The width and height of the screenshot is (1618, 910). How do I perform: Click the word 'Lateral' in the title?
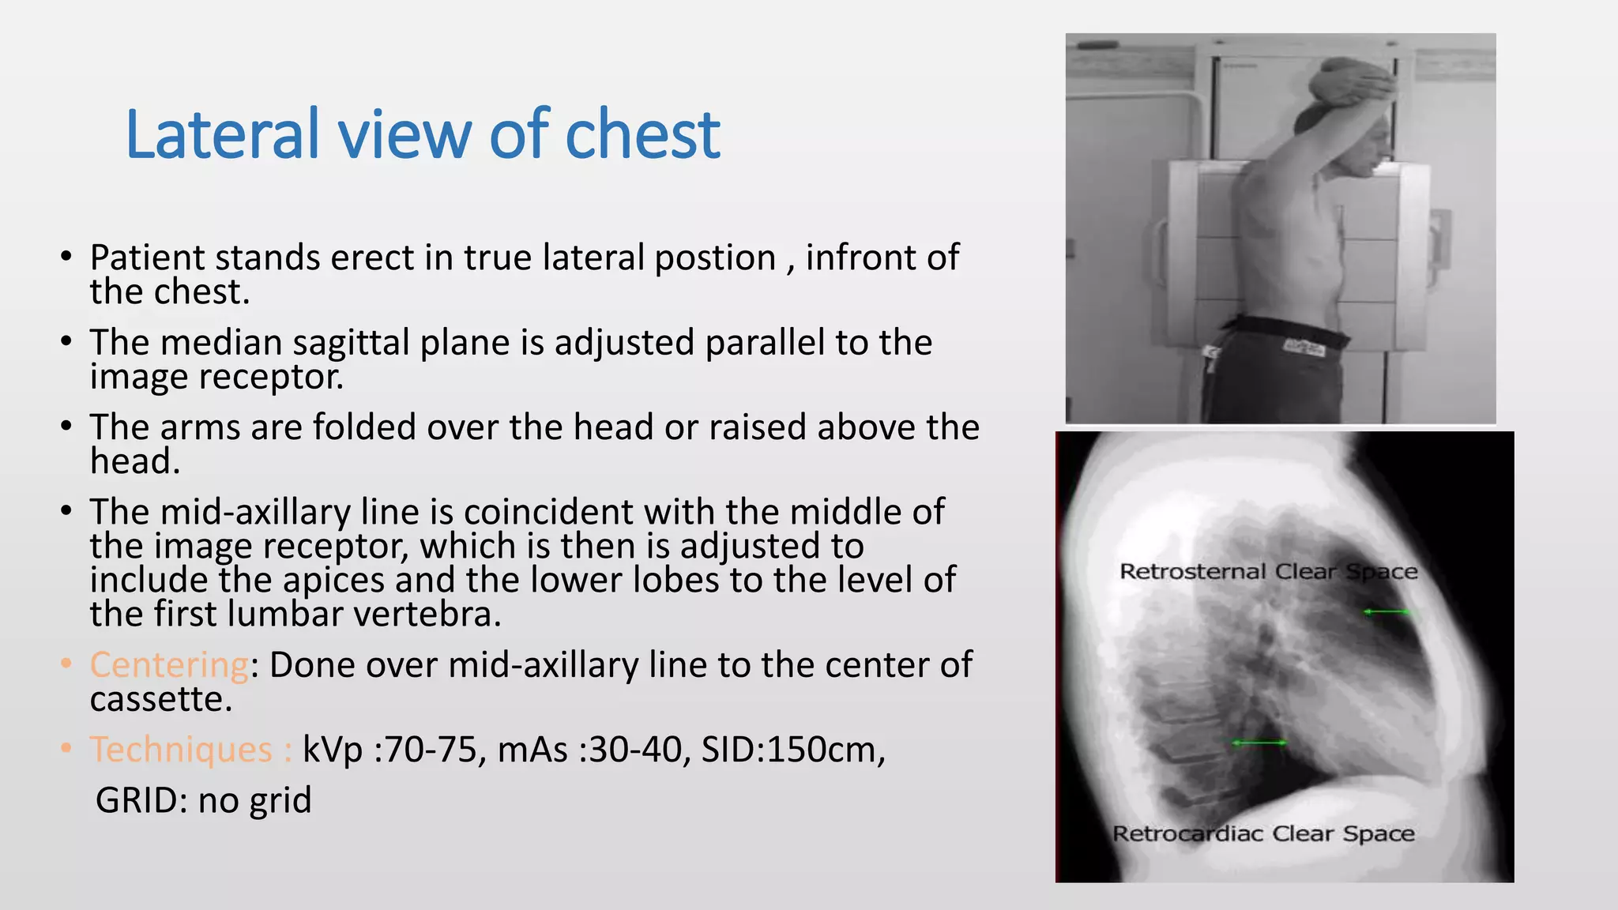click(x=222, y=134)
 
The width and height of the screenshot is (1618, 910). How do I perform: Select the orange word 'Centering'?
click(x=169, y=665)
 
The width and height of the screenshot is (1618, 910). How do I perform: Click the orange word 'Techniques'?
click(x=181, y=750)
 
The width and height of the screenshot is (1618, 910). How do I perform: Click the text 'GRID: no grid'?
click(x=204, y=800)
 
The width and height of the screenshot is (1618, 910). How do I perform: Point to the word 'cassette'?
click(x=160, y=699)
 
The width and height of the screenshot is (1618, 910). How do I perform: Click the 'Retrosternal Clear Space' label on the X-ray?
click(x=1268, y=571)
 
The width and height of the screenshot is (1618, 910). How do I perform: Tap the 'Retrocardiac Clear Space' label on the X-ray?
click(x=1262, y=833)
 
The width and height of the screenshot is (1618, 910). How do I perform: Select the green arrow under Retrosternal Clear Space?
click(x=1387, y=612)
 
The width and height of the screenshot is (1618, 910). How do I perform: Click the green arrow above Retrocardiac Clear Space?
click(x=1259, y=743)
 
